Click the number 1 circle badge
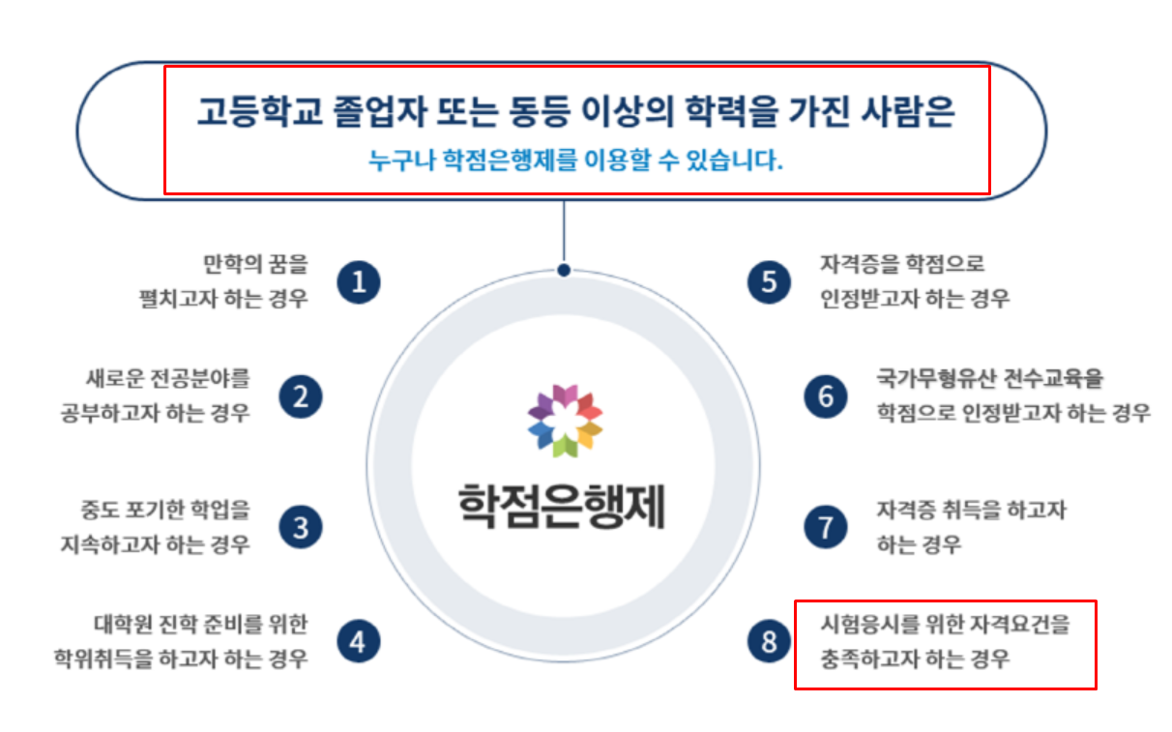(x=359, y=282)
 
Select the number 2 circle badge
(x=301, y=397)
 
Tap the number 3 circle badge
(x=301, y=528)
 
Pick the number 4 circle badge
(x=359, y=642)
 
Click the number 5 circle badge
(x=769, y=282)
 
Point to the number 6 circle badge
(x=826, y=397)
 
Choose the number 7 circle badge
(x=826, y=528)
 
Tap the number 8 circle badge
(x=769, y=642)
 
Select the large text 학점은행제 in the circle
(x=562, y=504)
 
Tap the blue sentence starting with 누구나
(x=575, y=161)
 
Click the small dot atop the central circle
(x=564, y=271)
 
